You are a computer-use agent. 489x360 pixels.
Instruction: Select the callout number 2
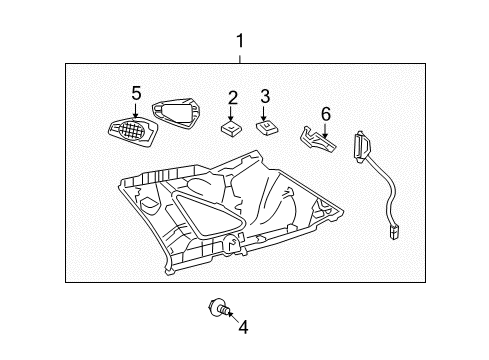232,97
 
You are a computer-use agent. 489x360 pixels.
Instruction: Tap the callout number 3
265,97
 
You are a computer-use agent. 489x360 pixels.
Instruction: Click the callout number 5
136,93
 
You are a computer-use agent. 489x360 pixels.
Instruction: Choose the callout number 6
324,114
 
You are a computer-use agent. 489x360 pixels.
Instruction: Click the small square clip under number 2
231,126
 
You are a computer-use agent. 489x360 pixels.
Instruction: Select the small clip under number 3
267,126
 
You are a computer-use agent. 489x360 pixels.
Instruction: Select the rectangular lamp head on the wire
361,143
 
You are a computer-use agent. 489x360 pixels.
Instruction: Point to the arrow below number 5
136,109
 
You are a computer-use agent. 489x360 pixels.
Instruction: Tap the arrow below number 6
324,128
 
